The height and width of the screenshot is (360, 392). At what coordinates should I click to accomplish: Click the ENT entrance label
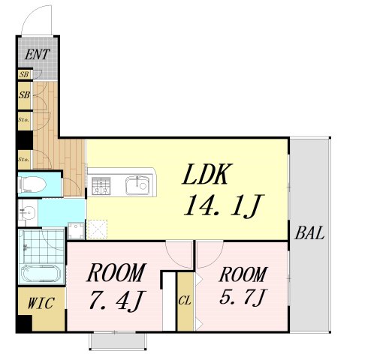point(38,54)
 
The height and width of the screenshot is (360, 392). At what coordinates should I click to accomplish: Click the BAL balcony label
point(309,233)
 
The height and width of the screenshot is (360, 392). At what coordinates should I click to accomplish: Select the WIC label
point(41,303)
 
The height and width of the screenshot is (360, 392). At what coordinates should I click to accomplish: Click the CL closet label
point(185,301)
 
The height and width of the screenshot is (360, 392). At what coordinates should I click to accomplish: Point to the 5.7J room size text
point(243,297)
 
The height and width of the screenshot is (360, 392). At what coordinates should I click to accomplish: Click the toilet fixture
point(32,184)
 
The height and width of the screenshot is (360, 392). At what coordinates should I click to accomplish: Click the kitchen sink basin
point(137,185)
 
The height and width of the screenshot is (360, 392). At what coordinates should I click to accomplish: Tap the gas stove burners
point(101,186)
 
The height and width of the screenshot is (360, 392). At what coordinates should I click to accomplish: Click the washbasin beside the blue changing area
point(28,212)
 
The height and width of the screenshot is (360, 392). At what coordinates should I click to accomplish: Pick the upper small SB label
point(24,74)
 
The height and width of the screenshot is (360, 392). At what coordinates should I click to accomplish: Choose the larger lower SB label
point(24,95)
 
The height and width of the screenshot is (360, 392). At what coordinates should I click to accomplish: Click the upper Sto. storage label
point(24,120)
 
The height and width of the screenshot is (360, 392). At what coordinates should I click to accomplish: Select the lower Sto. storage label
point(24,159)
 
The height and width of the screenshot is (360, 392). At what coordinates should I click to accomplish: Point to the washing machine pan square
point(77,230)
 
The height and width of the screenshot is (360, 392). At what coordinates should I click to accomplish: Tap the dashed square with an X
point(98,229)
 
